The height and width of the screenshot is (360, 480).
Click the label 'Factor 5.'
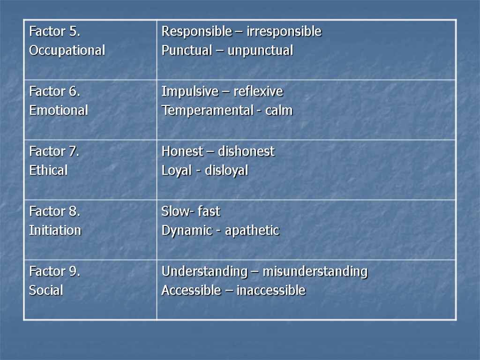54,32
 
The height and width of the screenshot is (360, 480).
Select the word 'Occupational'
67,51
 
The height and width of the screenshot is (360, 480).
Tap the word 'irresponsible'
287,32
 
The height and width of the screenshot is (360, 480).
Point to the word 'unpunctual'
260,51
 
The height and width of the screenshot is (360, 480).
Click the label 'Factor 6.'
54,92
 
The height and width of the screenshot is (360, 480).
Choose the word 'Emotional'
59,111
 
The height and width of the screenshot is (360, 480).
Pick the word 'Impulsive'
184,91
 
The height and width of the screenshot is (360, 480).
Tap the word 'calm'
279,111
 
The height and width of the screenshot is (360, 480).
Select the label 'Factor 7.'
54,152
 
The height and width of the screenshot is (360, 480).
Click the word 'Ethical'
48,171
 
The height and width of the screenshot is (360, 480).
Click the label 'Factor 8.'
54,212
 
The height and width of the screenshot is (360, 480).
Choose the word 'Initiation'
55,231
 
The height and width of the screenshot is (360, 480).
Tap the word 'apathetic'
252,231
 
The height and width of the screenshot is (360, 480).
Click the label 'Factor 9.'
54,272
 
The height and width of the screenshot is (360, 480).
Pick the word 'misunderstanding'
315,272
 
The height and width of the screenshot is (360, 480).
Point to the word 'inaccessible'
270,291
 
